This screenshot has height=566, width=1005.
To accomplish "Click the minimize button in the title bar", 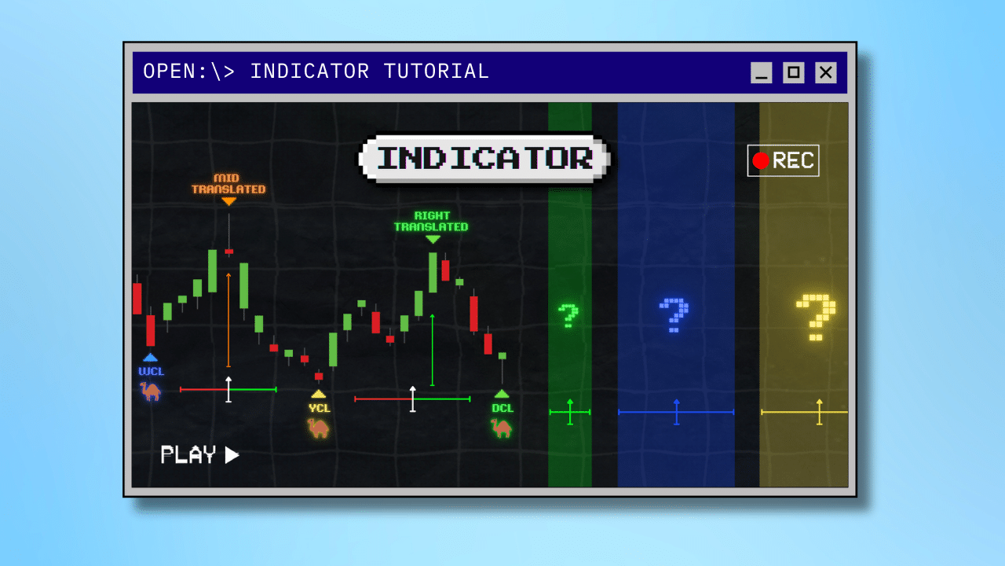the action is pos(761,72).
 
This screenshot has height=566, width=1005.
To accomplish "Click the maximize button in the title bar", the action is pos(793,72).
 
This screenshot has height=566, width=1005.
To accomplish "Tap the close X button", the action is pos(825,72).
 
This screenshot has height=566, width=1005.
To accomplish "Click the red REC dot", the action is pos(761,161).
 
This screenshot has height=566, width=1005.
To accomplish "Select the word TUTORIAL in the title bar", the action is pos(436,72).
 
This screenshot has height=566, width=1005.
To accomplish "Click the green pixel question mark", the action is pos(568,315).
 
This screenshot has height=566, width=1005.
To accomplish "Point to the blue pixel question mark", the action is pos(674,315).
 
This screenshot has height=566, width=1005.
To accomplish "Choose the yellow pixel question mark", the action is pos(816,318).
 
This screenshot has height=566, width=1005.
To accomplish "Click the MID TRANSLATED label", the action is pos(228,184).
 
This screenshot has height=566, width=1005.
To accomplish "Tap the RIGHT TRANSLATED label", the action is pos(431,222).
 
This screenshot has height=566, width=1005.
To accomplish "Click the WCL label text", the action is pos(152,372).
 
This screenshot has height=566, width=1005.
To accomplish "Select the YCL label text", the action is pos(319,408).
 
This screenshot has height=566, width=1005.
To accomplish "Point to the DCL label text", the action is pos(502,408).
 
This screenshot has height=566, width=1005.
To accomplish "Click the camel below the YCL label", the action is pos(318,428).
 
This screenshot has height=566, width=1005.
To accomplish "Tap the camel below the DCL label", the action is pos(501,428).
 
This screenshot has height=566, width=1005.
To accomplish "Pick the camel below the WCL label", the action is pos(150,391).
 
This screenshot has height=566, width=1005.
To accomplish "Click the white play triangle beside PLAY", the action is pos(231,455).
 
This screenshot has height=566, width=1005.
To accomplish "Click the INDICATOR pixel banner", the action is pos(484,158).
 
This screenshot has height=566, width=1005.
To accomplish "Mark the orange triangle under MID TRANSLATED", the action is pos(228,201).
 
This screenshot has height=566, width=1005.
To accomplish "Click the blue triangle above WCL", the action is pos(150,358).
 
